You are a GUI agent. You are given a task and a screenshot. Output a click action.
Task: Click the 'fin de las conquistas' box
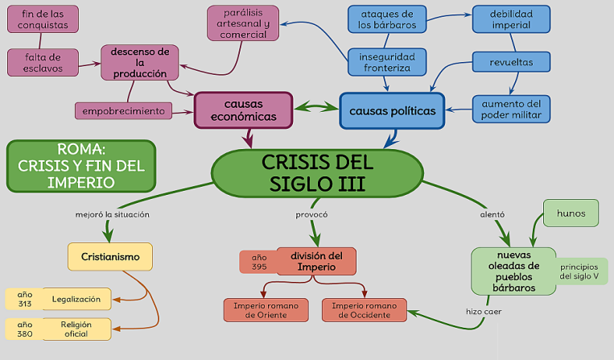[43, 19]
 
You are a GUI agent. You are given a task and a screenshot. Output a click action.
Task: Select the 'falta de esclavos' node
[43, 62]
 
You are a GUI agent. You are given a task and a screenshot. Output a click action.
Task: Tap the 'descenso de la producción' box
[139, 62]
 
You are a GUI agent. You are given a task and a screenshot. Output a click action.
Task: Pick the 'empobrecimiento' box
[123, 110]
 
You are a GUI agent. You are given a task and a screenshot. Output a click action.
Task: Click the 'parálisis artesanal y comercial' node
[242, 23]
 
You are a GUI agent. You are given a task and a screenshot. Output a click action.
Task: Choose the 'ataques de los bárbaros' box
[387, 19]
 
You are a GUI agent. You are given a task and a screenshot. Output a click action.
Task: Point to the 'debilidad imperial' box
[511, 19]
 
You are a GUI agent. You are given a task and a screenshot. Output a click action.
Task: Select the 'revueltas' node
[511, 62]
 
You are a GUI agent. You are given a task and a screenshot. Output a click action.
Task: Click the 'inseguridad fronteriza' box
[387, 62]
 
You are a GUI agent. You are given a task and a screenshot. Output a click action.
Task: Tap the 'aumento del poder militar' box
[511, 109]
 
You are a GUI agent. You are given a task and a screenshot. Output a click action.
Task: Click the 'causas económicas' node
[244, 110]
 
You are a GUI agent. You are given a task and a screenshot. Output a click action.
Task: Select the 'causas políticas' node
[392, 110]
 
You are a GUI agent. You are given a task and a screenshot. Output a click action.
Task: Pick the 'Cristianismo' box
[110, 257]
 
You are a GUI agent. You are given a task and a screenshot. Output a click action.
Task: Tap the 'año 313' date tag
[24, 299]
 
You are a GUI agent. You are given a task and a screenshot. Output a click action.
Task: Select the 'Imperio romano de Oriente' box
[266, 310]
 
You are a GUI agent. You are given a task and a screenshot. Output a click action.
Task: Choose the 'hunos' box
[571, 213]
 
